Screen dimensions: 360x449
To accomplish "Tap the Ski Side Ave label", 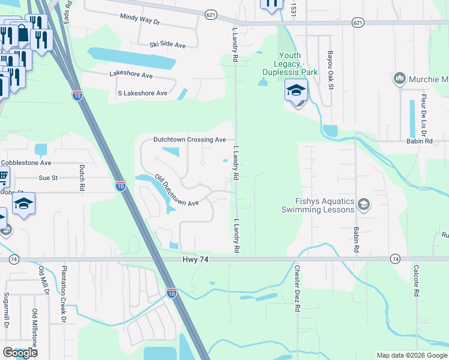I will click(x=167, y=45).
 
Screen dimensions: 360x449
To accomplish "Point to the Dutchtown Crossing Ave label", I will click(x=190, y=139).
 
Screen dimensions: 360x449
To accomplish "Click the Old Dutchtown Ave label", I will click(x=176, y=191).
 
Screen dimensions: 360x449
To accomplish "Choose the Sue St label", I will click(x=47, y=178).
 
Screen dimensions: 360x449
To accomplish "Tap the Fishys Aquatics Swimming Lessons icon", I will click(x=363, y=206).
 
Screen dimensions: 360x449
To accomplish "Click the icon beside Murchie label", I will click(x=399, y=79).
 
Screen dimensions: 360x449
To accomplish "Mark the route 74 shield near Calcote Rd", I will click(x=395, y=259).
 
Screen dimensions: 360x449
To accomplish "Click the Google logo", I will click(x=20, y=353).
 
